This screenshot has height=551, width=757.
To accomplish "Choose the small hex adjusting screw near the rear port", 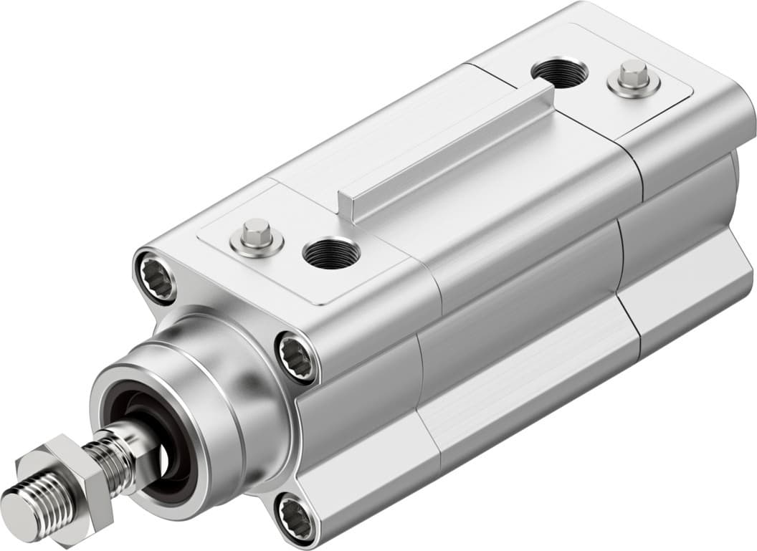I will pos(634,77).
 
